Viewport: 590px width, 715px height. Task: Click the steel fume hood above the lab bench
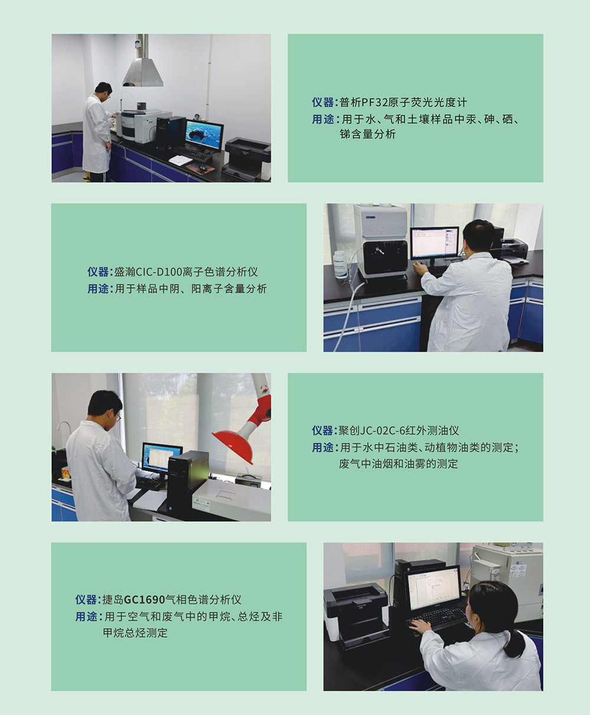pos(143,71)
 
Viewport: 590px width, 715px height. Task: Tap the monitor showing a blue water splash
pos(204,136)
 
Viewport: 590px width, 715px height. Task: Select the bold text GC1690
pos(144,600)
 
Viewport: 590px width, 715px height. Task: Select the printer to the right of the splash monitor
pos(248,158)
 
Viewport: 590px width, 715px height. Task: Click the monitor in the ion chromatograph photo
pos(435,243)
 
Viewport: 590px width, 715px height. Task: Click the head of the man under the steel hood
pos(103,90)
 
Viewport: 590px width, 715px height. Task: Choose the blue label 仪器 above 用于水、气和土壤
pos(322,102)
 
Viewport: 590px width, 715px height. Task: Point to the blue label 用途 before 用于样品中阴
pos(98,289)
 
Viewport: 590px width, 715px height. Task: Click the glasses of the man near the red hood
pos(118,417)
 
